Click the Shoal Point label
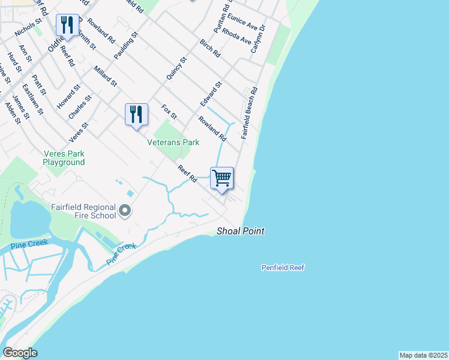(240, 231)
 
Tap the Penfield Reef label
(283, 268)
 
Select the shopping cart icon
(222, 178)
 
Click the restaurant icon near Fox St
(136, 114)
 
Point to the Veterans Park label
(173, 143)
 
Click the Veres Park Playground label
(64, 158)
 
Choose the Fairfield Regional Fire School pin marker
(125, 210)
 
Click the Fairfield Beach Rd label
(249, 113)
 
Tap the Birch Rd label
(210, 48)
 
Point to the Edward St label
(211, 94)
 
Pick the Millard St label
(106, 77)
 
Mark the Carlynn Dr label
(258, 40)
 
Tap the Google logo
(20, 353)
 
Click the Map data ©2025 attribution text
(423, 355)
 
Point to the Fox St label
(169, 112)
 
